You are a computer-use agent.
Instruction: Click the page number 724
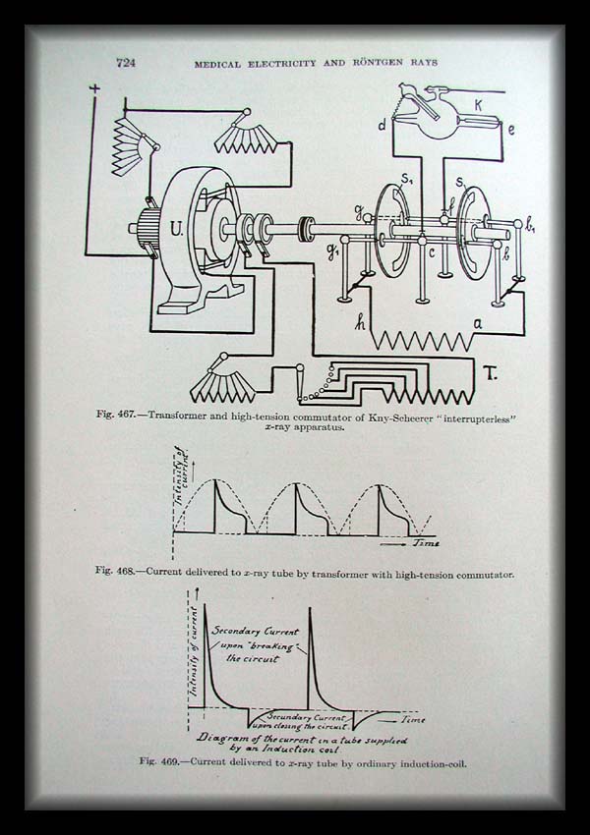point(125,63)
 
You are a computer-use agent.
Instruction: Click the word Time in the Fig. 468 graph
point(426,542)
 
